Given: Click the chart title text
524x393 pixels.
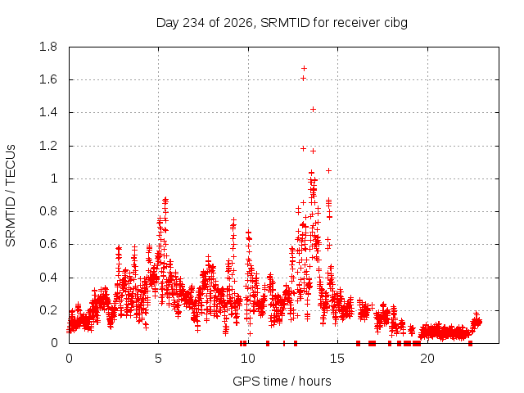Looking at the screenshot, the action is [x=282, y=23].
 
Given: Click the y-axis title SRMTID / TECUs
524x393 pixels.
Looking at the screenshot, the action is [x=11, y=196].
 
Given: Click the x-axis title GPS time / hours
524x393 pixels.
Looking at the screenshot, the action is [x=282, y=381].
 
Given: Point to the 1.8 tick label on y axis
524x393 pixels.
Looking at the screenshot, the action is [x=48, y=47].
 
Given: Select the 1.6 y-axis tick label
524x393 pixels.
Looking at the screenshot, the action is [x=48, y=79].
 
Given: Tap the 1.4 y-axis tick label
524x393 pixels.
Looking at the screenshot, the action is [x=48, y=113].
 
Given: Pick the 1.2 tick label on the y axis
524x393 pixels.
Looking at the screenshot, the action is [x=48, y=146].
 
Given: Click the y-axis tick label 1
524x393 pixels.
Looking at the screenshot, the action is [x=54, y=178].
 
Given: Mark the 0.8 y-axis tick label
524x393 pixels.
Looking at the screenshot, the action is [x=48, y=211].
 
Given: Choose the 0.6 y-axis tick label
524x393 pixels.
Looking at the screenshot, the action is [x=48, y=244].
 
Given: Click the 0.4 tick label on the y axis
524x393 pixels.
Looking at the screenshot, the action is [x=48, y=278].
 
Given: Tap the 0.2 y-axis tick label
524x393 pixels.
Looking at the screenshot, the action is [x=48, y=310].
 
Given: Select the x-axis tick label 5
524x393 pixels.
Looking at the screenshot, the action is [x=158, y=359].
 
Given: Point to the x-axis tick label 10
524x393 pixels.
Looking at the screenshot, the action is [x=248, y=359].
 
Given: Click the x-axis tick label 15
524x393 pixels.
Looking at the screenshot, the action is [x=337, y=359].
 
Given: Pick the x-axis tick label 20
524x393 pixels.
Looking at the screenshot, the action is [x=427, y=359].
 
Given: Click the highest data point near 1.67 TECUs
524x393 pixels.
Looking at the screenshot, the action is [x=304, y=69].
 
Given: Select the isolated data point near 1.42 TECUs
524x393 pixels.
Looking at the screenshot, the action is [x=313, y=109].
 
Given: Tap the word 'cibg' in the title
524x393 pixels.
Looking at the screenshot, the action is [x=395, y=24].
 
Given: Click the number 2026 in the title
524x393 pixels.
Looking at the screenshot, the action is [x=238, y=23].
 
